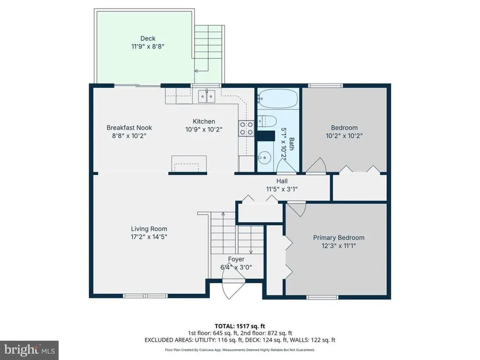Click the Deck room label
pos(148,38)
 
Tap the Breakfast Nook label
pos(129,127)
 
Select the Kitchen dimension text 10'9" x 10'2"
pos(204,130)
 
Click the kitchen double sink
pos(207,96)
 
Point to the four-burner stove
pos(246,129)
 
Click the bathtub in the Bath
pos(278,98)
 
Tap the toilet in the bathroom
pos(266,121)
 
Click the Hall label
pos(282,181)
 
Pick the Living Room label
pos(149,229)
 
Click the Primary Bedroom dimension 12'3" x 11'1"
pos(339,245)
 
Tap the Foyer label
pos(236,259)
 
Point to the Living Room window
pos(145,296)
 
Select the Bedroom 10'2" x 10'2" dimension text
pos(344,136)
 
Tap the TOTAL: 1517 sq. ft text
pos(240,326)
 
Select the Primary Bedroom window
pos(323,297)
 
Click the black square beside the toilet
pos(266,136)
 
